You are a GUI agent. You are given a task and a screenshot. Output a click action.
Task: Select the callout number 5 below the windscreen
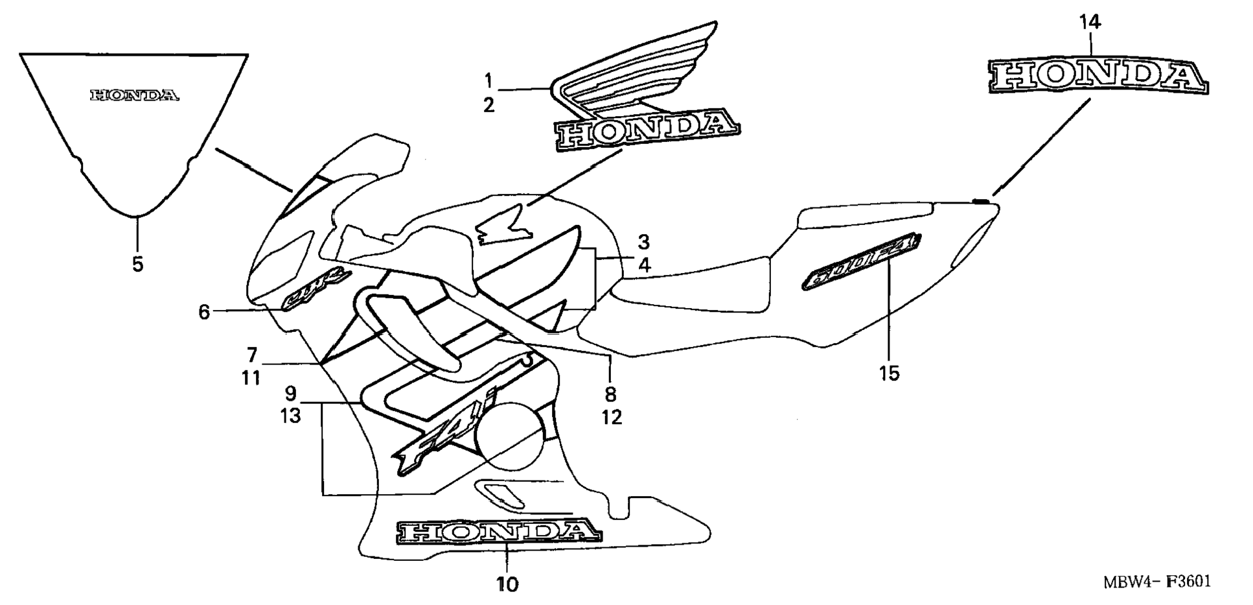pos(137,265)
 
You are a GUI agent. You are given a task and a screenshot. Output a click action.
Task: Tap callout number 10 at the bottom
pos(508,584)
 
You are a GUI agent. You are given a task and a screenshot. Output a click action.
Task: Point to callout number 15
pos(890,374)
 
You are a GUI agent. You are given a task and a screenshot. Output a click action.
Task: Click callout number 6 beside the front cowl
pos(204,313)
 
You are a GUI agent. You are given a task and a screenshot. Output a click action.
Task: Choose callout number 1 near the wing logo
pos(489,81)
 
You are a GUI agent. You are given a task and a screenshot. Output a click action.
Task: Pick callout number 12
pos(611,417)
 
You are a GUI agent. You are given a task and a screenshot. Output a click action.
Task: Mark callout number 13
pos(290,416)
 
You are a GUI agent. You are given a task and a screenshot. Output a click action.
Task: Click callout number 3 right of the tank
pos(643,243)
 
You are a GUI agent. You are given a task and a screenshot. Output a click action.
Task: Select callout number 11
pos(251,377)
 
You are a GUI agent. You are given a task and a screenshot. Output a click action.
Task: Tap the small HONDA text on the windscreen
pos(134,96)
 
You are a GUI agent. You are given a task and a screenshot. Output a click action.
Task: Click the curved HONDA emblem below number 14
pos(1098,77)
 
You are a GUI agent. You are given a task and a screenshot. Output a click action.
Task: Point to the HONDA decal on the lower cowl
pos(499,532)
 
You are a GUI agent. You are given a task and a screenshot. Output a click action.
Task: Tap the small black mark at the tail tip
pos(982,201)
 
